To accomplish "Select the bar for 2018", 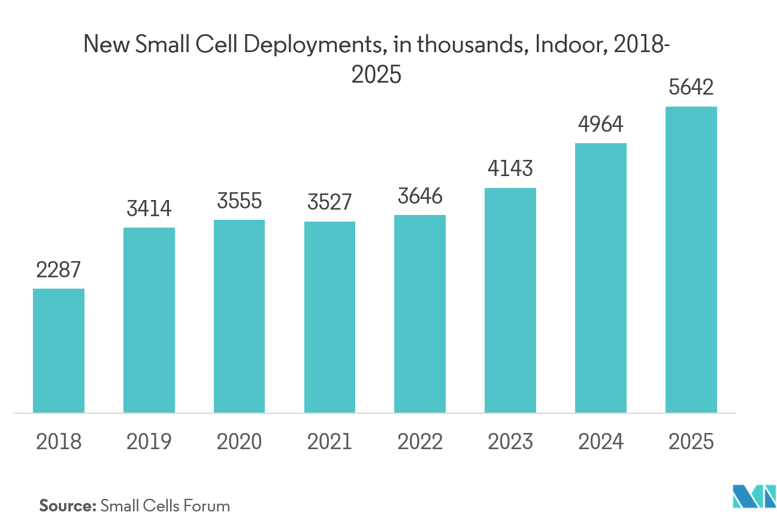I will point(59,351).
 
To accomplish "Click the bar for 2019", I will point(149,320).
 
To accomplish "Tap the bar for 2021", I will point(329,317).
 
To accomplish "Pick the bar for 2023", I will point(510,301).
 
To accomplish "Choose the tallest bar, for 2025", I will point(691,260).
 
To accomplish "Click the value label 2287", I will point(58,271).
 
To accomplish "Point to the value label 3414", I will point(149,209).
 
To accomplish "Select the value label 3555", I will point(239,201).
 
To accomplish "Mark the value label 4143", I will point(510,169).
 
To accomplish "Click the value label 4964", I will point(601,125).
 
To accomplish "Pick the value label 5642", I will point(691,88).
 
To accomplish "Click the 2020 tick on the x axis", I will point(239,442).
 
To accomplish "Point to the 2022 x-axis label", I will point(420,442).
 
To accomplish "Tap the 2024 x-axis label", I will point(601,442).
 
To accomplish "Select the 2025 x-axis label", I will point(691,442).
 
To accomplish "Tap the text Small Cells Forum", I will point(165,506).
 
